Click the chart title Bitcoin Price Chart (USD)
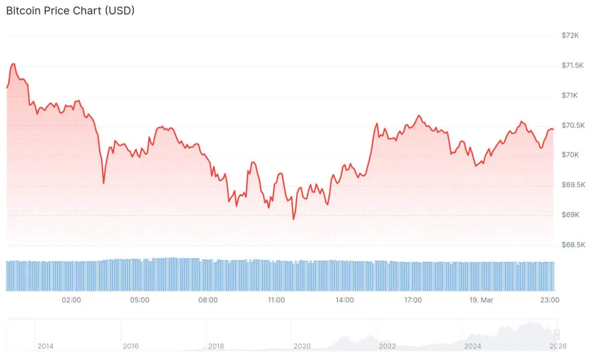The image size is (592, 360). pyautogui.click(x=70, y=10)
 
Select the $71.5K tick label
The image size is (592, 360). pyautogui.click(x=573, y=66)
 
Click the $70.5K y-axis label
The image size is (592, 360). pyautogui.click(x=573, y=125)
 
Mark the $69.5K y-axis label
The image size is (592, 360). pyautogui.click(x=573, y=185)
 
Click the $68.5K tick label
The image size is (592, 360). pyautogui.click(x=573, y=245)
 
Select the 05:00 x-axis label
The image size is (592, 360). pyautogui.click(x=140, y=300)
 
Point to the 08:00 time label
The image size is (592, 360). pyautogui.click(x=208, y=300)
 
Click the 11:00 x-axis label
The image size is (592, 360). pyautogui.click(x=276, y=300)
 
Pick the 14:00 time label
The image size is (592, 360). pyautogui.click(x=344, y=300)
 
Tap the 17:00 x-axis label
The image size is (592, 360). pyautogui.click(x=412, y=300)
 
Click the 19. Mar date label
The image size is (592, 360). pyautogui.click(x=481, y=300)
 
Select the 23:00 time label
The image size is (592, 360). pyautogui.click(x=550, y=300)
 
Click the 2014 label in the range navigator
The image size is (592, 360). pyautogui.click(x=45, y=346)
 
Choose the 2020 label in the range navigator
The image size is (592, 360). pyautogui.click(x=301, y=346)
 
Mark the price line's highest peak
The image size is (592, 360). pyautogui.click(x=13, y=64)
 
